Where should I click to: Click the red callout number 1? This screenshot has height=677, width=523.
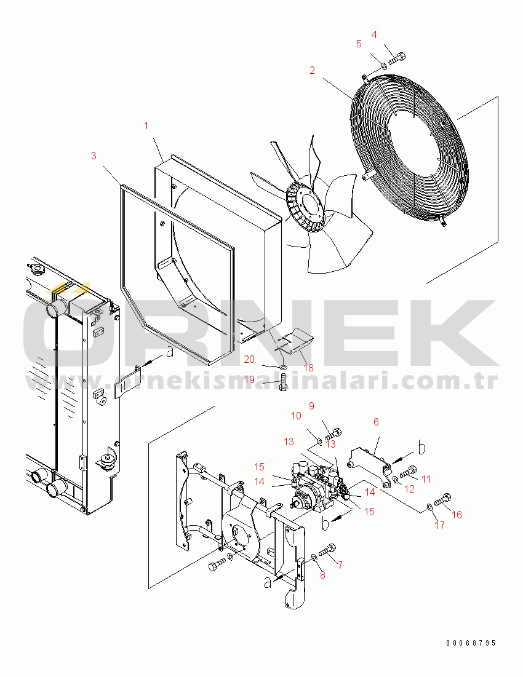pyautogui.click(x=146, y=125)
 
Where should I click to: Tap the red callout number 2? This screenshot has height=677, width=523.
pyautogui.click(x=312, y=70)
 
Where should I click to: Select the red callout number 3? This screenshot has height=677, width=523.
pyautogui.click(x=94, y=156)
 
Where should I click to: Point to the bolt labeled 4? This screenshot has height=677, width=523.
pyautogui.click(x=397, y=58)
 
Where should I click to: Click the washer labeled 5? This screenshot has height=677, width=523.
pyautogui.click(x=383, y=66)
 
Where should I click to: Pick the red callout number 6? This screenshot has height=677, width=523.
pyautogui.click(x=376, y=422)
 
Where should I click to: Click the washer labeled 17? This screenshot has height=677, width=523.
pyautogui.click(x=429, y=507)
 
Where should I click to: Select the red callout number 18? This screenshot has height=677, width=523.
pyautogui.click(x=308, y=368)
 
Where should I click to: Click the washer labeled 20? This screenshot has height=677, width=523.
pyautogui.click(x=282, y=367)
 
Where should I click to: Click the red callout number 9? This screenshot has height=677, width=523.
pyautogui.click(x=311, y=406)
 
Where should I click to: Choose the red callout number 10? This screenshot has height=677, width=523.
pyautogui.click(x=297, y=416)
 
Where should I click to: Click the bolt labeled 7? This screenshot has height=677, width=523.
pyautogui.click(x=327, y=550)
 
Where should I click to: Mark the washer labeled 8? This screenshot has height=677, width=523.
pyautogui.click(x=314, y=558)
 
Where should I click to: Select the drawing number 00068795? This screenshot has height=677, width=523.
pyautogui.click(x=471, y=643)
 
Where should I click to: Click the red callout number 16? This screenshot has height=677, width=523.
pyautogui.click(x=457, y=515)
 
